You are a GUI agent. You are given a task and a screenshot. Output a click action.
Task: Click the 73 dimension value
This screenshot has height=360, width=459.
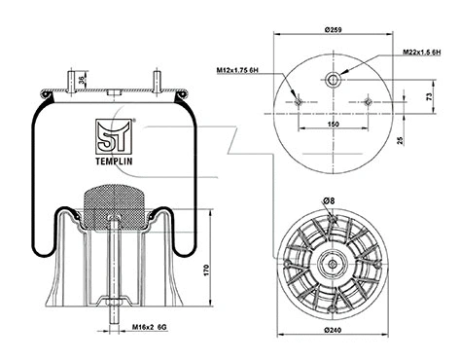tap(430, 98)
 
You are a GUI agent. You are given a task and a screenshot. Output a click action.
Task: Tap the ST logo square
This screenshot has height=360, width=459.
tap(115, 130)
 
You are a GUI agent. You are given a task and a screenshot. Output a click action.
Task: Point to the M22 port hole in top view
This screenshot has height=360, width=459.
tap(334, 80)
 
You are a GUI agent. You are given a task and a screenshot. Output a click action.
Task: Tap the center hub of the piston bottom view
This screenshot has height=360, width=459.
tap(334, 263)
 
